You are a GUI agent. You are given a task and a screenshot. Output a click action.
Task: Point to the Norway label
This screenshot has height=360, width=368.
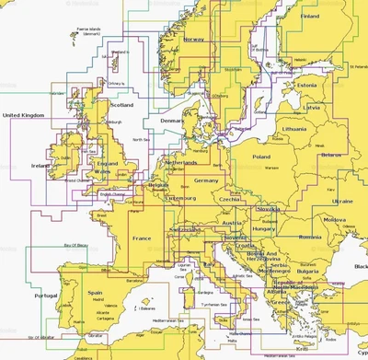tap(193, 40)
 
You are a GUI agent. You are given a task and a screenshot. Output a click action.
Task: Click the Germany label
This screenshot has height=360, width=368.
tap(206, 181)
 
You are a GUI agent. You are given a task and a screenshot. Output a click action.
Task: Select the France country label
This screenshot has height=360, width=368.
tap(143, 238)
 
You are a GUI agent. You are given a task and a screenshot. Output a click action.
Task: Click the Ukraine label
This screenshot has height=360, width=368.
tap(342, 200)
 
